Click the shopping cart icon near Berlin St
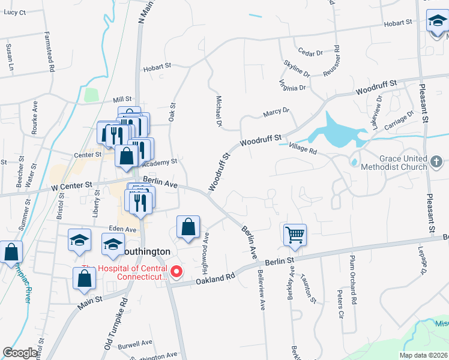point(295,235)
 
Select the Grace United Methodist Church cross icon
point(436,161)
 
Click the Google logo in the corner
point(20,353)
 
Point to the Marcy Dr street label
point(276,112)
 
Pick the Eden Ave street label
point(123,229)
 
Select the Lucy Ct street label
point(14,12)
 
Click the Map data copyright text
point(424,354)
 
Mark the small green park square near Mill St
point(91,95)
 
